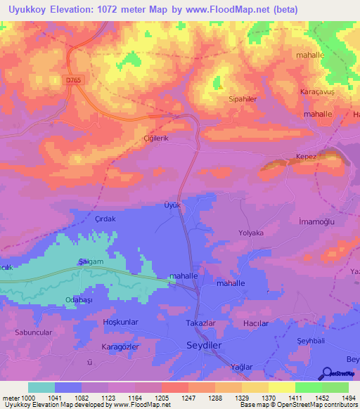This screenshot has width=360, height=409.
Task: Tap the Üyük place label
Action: click(x=172, y=205)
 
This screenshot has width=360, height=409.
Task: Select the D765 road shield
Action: click(x=74, y=82)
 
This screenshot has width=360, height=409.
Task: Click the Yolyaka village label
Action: click(x=250, y=233)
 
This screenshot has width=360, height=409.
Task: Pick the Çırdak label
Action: click(x=105, y=219)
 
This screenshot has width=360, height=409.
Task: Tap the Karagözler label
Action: click(x=121, y=348)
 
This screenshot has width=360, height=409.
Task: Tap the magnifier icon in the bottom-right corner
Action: click(x=326, y=374)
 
